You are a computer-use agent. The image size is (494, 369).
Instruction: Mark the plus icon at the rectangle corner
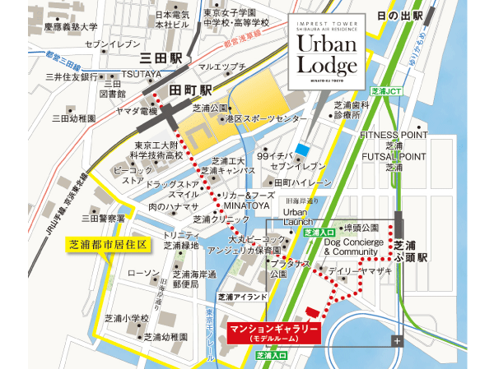[398, 340]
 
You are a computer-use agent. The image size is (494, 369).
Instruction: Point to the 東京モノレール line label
[210, 333]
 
